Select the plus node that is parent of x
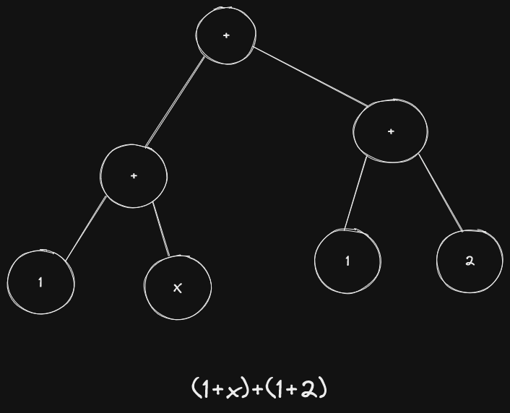(134, 176)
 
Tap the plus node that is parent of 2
(390, 131)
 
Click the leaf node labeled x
(178, 287)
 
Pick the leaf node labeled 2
(470, 261)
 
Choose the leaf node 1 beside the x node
(41, 282)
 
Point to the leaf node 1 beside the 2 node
(347, 261)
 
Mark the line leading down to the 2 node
(441, 193)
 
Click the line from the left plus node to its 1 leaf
(86, 228)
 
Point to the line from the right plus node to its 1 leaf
(355, 192)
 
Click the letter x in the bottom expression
(233, 390)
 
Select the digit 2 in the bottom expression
(309, 389)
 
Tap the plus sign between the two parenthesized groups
(258, 390)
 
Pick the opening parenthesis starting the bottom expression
(195, 389)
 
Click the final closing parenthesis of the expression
(323, 389)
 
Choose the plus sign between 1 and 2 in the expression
(292, 390)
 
